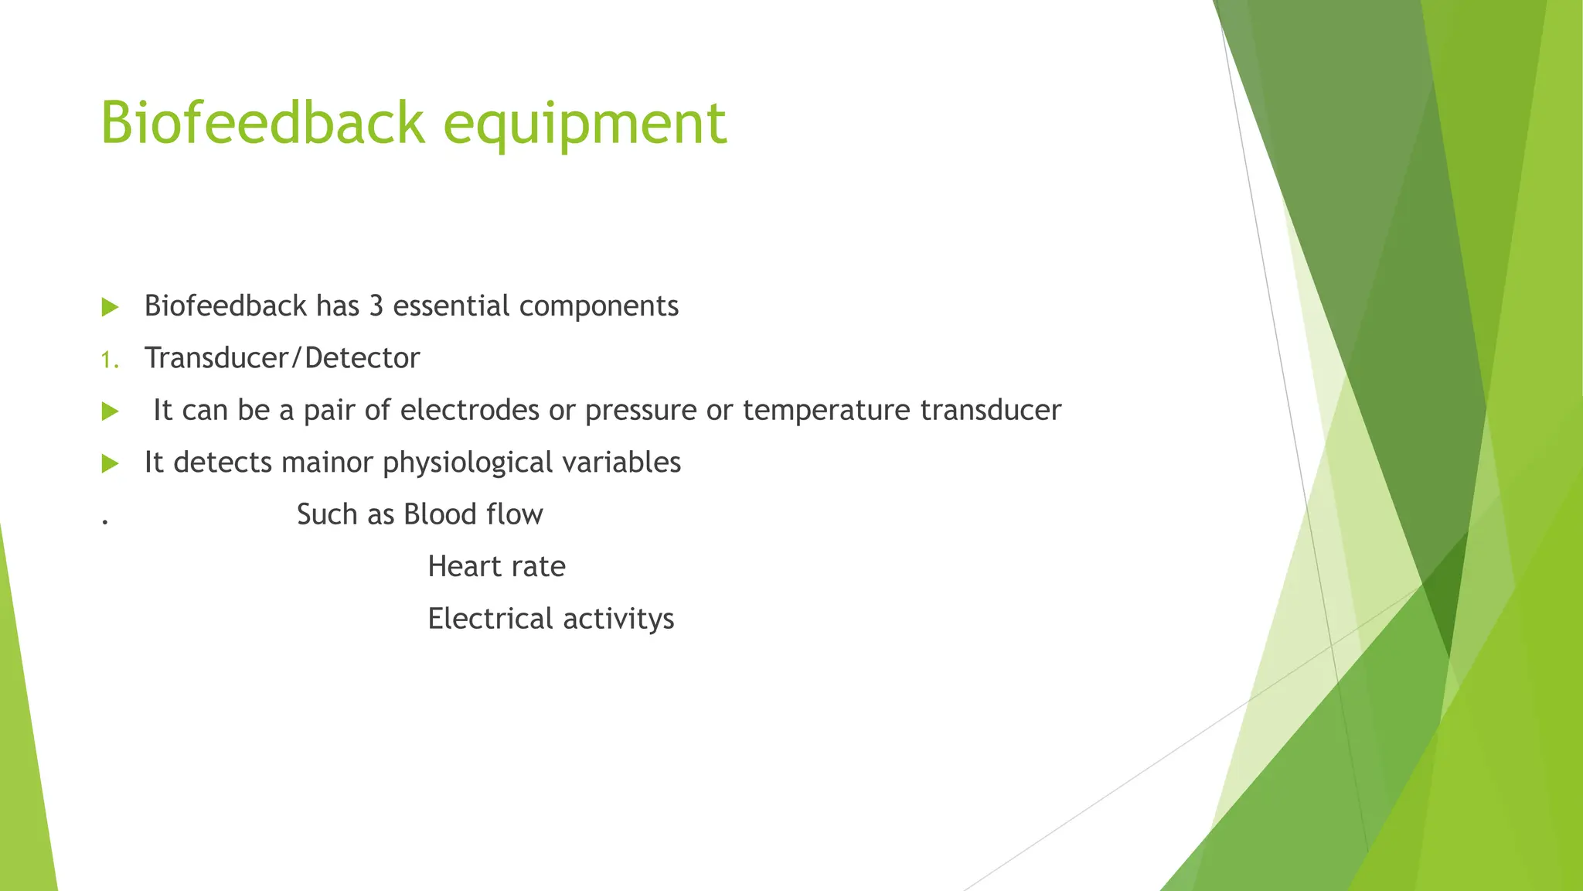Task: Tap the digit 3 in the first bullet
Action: (376, 306)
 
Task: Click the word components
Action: (599, 307)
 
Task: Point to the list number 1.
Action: (109, 360)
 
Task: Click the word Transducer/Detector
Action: (282, 358)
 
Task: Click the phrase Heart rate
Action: (496, 567)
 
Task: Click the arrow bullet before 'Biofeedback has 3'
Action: (110, 307)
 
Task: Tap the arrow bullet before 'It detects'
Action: (110, 464)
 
